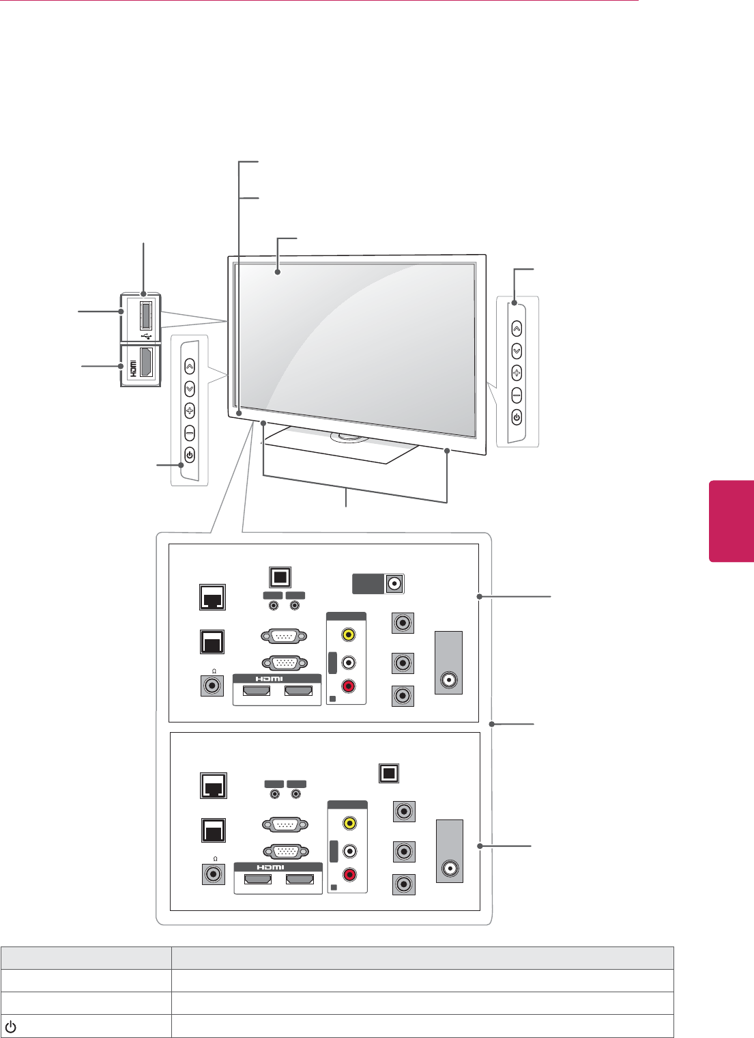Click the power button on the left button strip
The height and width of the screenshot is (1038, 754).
tap(189, 455)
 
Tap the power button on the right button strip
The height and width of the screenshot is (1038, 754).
tap(517, 417)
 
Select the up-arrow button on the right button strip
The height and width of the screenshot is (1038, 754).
tap(517, 328)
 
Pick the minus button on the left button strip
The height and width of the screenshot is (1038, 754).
tap(189, 433)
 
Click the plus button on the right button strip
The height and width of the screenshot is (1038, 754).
tap(517, 373)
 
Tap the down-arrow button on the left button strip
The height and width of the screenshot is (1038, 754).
tap(189, 389)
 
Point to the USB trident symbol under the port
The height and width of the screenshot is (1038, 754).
tap(146, 336)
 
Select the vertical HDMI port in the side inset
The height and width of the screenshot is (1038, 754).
tap(145, 362)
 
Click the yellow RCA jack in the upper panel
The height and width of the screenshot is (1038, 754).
tap(349, 634)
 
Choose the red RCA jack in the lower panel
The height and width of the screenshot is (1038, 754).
tap(349, 875)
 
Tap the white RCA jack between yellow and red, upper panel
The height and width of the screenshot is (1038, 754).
tap(349, 662)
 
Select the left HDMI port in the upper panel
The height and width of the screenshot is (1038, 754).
tap(257, 691)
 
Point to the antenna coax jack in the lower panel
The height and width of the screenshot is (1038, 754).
tap(450, 869)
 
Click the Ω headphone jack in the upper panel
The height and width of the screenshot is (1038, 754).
tap(213, 686)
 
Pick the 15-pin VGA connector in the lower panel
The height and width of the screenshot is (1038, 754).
tap(285, 852)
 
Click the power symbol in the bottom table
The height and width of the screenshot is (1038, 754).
tap(10, 1026)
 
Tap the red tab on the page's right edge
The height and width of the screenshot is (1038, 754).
tap(731, 521)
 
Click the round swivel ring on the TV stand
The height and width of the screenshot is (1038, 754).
tap(349, 437)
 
